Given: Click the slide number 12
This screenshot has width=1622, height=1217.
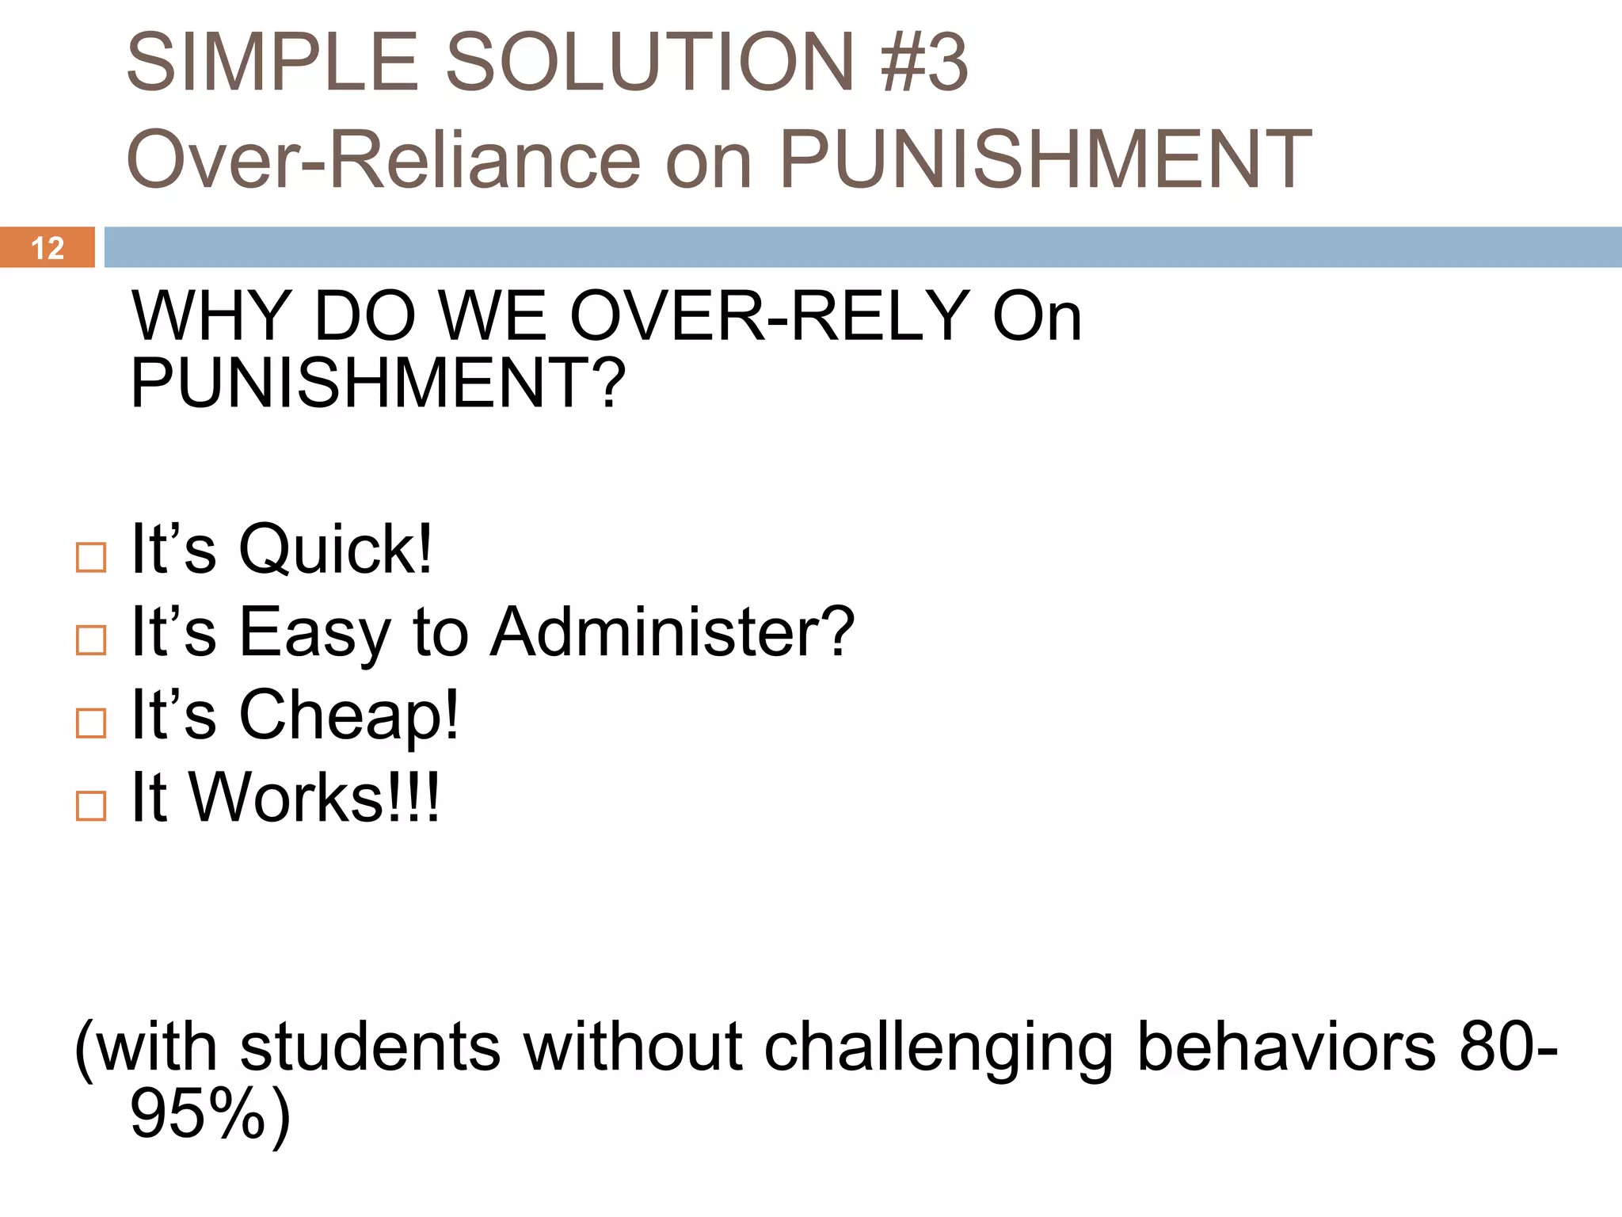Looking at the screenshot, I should tap(47, 248).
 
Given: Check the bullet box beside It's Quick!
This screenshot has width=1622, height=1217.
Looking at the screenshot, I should tap(91, 558).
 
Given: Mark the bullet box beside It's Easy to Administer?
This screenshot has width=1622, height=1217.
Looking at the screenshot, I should tap(91, 640).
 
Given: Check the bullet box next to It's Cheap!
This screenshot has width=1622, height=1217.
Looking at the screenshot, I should tap(91, 723).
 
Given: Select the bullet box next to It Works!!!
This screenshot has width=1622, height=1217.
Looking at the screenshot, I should tap(91, 806).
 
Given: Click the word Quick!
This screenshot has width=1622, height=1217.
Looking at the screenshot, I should tap(336, 550).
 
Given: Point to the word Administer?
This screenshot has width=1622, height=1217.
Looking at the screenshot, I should tap(672, 632).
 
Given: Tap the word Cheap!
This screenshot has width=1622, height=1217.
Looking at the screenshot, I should tap(348, 715).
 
